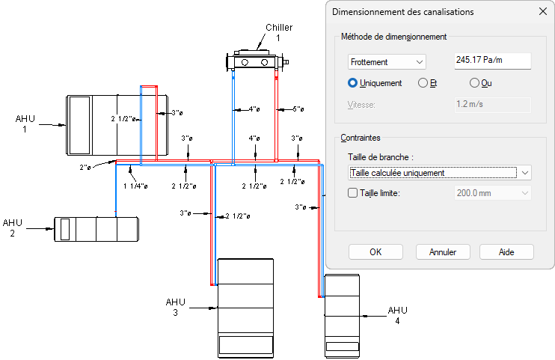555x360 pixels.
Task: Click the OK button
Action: (375, 251)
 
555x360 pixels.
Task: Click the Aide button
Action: (506, 251)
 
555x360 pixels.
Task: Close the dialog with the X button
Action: (543, 12)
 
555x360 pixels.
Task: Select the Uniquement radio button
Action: (354, 83)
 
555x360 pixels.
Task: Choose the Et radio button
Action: (423, 83)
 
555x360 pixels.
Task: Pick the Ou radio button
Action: (474, 83)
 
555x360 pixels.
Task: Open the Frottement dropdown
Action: (387, 62)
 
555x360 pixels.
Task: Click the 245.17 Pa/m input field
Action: (492, 62)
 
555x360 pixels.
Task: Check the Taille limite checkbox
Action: (354, 193)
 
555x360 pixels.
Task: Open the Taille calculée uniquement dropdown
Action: (440, 173)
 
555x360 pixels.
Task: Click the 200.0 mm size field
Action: (492, 193)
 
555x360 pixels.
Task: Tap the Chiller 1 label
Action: (277, 32)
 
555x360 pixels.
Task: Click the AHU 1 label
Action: (25, 123)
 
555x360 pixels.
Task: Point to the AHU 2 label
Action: (13, 228)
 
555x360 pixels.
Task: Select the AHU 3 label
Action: (174, 307)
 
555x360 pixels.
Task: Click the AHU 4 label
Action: (397, 315)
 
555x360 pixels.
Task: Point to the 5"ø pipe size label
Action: (298, 109)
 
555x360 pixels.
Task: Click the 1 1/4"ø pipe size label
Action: (135, 186)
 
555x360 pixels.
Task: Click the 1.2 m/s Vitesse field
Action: (492, 105)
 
